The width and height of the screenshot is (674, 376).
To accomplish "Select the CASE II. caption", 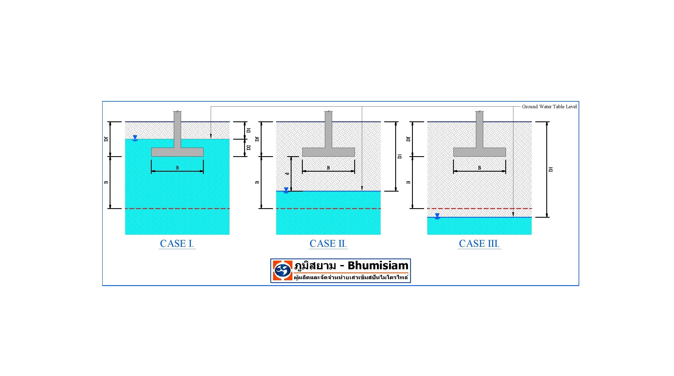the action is tap(328, 244).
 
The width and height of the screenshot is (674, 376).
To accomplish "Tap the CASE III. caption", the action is tap(479, 244).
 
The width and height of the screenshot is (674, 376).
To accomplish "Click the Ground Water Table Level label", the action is tap(549, 107).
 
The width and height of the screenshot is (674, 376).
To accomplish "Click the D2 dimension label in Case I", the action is tap(249, 148).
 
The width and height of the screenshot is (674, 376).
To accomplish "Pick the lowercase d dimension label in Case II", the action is tap(287, 174).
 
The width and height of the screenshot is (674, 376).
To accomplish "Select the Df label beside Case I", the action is tap(106, 139).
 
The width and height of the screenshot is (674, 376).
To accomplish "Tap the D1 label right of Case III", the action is tap(551, 169).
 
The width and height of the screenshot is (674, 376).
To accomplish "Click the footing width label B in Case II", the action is tap(328, 168).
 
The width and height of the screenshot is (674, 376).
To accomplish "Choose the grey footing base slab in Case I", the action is tap(177, 152).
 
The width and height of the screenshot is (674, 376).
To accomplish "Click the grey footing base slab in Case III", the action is tap(479, 152).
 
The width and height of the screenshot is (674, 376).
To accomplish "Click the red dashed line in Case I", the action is tap(177, 209).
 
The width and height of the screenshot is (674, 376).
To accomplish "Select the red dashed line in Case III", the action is tap(479, 209).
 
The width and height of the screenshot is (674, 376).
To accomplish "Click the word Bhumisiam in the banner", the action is tap(378, 266).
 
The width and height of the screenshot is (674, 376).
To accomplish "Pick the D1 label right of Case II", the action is tap(399, 156).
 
